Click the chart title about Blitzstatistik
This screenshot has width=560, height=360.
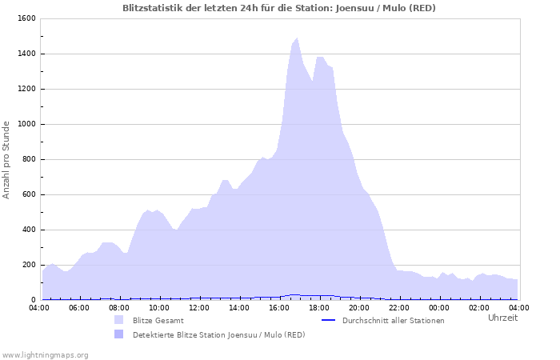pyautogui.click(x=279, y=8)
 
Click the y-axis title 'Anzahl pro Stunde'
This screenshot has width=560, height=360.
pyautogui.click(x=6, y=159)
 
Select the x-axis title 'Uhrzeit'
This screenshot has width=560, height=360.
pyautogui.click(x=502, y=318)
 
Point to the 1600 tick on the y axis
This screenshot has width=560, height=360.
pyautogui.click(x=26, y=18)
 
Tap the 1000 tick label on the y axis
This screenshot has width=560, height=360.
pyautogui.click(x=26, y=124)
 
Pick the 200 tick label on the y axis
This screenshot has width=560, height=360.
pyautogui.click(x=28, y=265)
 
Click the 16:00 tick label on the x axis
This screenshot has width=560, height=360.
pyautogui.click(x=279, y=307)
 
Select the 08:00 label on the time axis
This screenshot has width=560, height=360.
pyautogui.click(x=119, y=307)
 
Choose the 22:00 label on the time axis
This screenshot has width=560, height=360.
pyautogui.click(x=399, y=307)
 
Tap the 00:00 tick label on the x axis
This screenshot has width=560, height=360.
pyautogui.click(x=439, y=307)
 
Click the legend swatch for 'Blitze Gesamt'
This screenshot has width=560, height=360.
pyautogui.click(x=119, y=320)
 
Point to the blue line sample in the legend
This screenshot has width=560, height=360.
pyautogui.click(x=328, y=320)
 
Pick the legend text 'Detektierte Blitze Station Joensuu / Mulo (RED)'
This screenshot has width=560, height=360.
pyautogui.click(x=218, y=334)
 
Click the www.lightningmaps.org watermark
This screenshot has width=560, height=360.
pyautogui.click(x=45, y=354)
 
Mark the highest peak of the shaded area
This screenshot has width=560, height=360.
pyautogui.click(x=298, y=38)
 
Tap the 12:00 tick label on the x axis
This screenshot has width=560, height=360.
pyautogui.click(x=199, y=307)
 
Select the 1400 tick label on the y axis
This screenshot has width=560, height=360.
pyautogui.click(x=26, y=54)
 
